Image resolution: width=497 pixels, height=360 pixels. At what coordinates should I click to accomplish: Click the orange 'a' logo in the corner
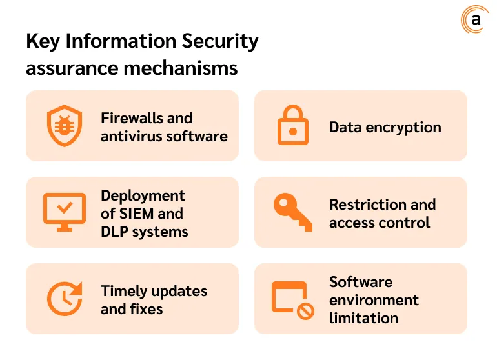click(x=474, y=19)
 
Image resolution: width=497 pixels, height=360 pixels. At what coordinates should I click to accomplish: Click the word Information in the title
click(x=121, y=41)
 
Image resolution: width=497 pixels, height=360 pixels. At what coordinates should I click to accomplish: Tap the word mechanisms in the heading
click(x=181, y=68)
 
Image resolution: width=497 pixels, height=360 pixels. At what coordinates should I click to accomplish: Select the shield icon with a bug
click(x=65, y=126)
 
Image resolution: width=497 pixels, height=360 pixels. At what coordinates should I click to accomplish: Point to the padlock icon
click(x=293, y=125)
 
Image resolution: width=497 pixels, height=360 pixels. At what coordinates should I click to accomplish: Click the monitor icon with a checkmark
click(x=65, y=212)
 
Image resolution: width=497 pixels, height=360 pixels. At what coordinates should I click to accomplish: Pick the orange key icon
click(x=293, y=212)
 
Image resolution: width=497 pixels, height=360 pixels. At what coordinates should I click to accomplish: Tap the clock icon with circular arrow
click(x=65, y=299)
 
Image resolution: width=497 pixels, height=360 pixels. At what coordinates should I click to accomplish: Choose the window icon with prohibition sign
click(x=293, y=301)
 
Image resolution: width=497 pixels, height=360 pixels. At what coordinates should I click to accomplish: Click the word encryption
click(x=403, y=128)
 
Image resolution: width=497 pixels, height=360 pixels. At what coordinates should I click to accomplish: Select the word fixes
click(x=145, y=309)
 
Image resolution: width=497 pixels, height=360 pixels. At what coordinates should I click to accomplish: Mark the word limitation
click(x=364, y=318)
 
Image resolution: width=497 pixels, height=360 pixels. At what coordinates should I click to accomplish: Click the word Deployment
click(x=143, y=196)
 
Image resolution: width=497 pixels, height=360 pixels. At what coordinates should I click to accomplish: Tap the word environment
click(x=374, y=300)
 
